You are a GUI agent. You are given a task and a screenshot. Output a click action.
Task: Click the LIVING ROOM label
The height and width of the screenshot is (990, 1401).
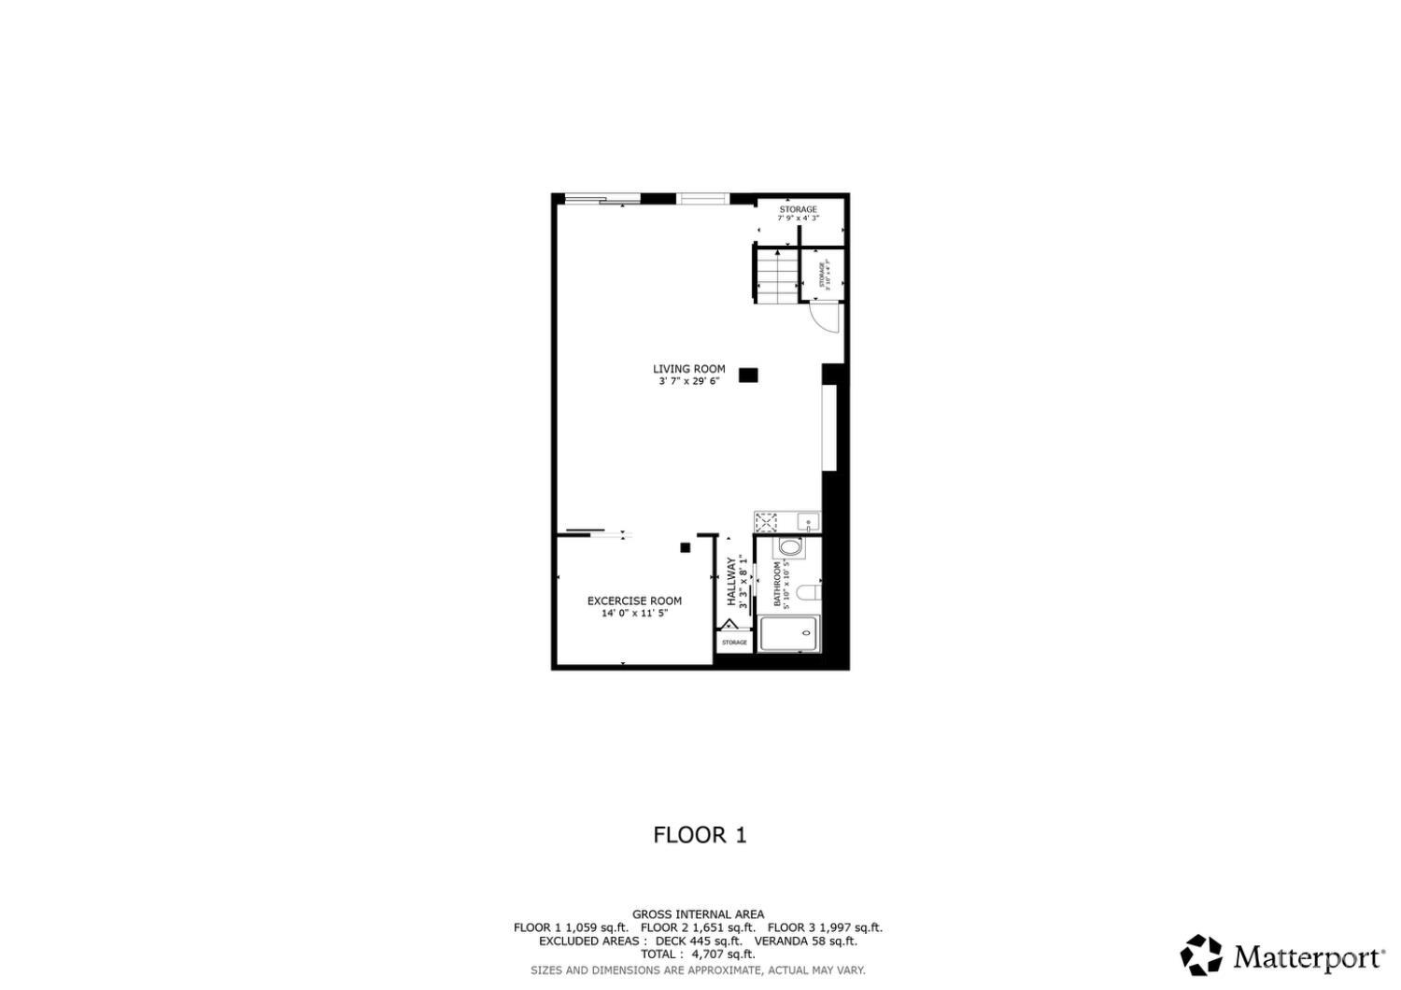(x=688, y=369)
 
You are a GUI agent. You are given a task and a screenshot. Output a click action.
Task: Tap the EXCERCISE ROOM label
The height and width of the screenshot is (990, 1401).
(x=634, y=601)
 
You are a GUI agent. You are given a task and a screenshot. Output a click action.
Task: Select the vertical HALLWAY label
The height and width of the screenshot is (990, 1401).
(x=732, y=582)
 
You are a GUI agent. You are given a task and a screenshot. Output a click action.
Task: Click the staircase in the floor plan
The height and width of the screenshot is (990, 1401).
(x=776, y=274)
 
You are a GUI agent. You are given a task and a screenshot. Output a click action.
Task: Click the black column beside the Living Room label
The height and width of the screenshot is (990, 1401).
(x=748, y=375)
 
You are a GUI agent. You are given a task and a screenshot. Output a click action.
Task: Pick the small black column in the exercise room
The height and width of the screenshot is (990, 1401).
(x=685, y=547)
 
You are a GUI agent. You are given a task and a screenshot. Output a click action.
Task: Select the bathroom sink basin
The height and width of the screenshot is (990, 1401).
(x=790, y=547)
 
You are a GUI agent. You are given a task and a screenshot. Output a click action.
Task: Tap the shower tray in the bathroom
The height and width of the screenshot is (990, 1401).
(x=789, y=633)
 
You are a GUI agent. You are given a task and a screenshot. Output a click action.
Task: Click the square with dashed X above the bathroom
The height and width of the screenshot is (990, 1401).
(x=766, y=521)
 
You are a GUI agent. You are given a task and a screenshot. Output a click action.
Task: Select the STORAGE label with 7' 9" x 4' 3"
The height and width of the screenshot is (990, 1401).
(x=799, y=209)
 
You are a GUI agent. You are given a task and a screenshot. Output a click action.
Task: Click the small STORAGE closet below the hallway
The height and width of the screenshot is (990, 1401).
(x=734, y=643)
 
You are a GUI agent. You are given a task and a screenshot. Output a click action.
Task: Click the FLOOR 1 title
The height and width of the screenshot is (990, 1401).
(x=700, y=835)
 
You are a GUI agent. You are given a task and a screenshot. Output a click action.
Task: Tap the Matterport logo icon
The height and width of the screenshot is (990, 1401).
(x=1201, y=955)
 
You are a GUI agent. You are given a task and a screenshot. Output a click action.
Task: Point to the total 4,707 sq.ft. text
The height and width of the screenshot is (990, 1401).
(x=698, y=955)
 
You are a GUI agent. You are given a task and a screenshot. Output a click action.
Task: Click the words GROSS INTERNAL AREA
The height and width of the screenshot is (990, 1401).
(x=698, y=914)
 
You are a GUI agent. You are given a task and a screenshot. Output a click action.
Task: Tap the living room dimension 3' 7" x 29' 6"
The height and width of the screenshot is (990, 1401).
(x=688, y=381)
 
